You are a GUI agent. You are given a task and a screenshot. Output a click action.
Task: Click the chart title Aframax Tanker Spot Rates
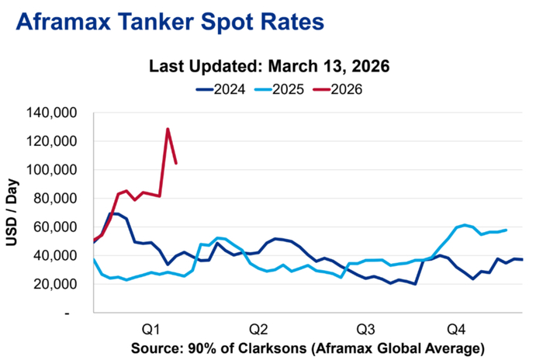click(x=168, y=22)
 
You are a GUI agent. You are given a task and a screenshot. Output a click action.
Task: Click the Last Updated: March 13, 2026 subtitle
click(x=269, y=67)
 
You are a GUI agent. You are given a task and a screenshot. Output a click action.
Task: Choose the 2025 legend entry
click(x=285, y=88)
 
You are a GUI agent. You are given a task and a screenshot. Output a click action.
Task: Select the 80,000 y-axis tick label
click(x=63, y=199)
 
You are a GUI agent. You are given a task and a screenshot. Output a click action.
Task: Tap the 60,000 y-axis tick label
click(x=63, y=227)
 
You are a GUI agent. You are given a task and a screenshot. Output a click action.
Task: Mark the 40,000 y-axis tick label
click(x=63, y=255)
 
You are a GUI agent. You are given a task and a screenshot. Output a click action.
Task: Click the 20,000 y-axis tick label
click(x=63, y=284)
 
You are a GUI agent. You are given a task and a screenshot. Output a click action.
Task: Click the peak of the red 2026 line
click(x=168, y=129)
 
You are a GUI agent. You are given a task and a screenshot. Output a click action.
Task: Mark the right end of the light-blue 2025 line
click(x=507, y=230)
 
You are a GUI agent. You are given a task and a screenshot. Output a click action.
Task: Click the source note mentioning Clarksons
click(x=308, y=345)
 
